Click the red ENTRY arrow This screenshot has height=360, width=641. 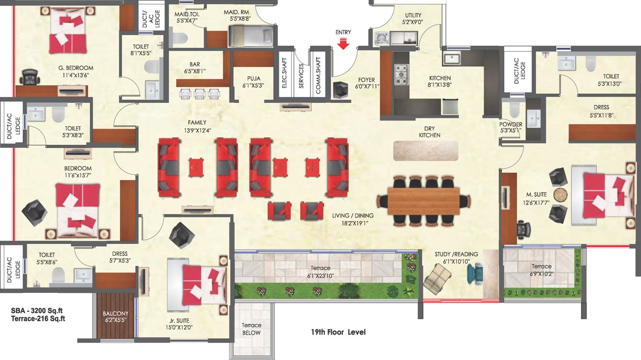tap(343, 44)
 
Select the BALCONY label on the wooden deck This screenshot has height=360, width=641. tap(115, 315)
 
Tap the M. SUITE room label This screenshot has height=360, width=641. tap(536, 194)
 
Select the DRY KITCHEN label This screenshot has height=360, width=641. tap(429, 132)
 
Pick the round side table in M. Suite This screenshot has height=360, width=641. tap(560, 194)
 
